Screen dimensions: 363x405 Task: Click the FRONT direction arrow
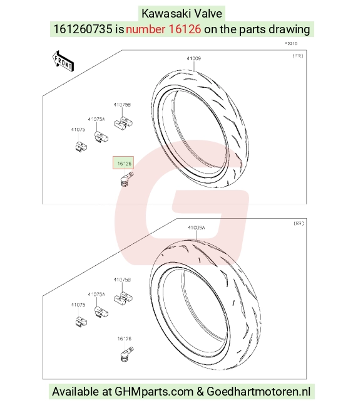63,61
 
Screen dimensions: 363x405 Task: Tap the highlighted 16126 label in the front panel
123,163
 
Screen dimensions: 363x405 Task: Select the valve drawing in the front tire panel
126,179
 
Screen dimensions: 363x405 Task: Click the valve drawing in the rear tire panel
126,354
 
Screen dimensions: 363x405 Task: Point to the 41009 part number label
194,58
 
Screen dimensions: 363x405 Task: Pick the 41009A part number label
197,228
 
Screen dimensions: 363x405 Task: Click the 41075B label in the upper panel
122,105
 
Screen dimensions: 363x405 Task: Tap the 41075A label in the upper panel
96,119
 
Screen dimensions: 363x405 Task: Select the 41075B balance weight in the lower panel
123,298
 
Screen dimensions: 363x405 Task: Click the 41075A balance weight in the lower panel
101,312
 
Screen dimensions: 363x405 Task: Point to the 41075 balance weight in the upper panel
81,147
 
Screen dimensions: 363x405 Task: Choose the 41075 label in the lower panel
78,305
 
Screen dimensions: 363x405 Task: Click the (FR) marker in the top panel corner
298,56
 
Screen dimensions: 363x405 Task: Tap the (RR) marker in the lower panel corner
299,223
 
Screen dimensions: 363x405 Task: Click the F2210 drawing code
291,44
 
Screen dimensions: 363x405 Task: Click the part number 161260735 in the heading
83,29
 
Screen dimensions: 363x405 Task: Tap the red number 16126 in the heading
185,29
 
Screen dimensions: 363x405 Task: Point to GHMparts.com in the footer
154,392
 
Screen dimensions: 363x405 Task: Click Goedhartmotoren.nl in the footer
258,392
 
